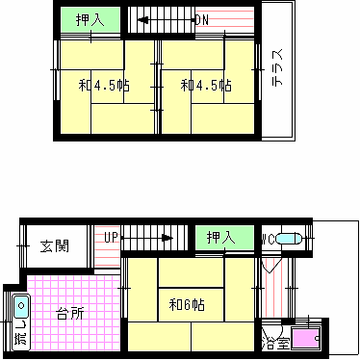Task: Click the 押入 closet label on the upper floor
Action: click(90, 18)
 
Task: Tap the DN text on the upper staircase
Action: click(201, 19)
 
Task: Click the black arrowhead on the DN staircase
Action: click(141, 19)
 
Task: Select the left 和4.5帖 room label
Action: click(103, 86)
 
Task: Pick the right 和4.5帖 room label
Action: click(205, 86)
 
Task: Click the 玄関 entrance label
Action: click(54, 246)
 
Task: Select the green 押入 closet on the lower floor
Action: click(223, 238)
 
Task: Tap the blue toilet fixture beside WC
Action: click(296, 238)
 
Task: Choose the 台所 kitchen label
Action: click(68, 313)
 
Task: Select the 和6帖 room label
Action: click(186, 306)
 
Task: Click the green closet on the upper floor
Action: click(90, 18)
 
